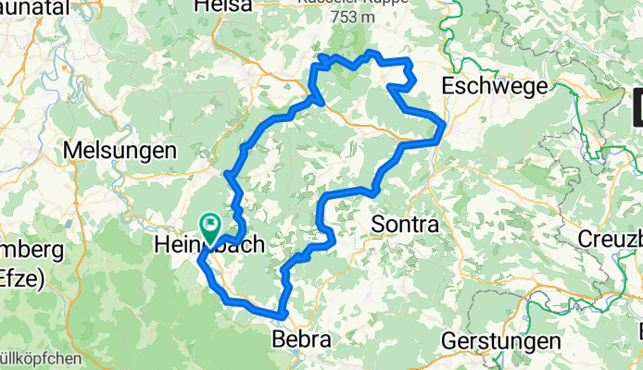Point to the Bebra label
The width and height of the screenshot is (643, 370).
point(302,340)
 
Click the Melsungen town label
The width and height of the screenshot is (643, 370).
point(121,150)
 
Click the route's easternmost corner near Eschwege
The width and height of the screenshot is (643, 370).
point(446,122)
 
